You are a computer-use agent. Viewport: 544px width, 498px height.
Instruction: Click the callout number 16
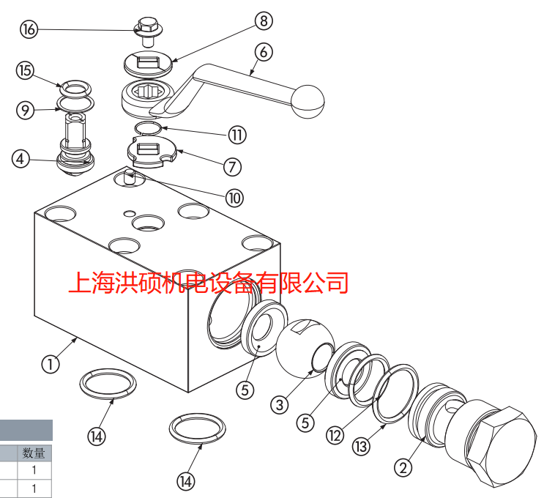(x=29, y=29)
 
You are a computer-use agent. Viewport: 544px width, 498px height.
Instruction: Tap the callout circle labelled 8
(x=264, y=21)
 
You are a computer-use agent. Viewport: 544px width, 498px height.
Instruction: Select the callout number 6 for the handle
(x=264, y=52)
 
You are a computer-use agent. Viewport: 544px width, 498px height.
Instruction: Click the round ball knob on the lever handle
(x=308, y=102)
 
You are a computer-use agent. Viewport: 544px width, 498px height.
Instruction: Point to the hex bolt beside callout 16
(x=148, y=31)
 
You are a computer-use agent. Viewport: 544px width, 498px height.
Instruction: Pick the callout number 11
(x=237, y=135)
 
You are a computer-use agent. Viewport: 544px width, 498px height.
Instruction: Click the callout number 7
(x=232, y=166)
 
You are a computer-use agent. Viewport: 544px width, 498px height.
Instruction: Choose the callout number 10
(x=234, y=198)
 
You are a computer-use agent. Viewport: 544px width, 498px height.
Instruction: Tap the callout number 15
(x=26, y=70)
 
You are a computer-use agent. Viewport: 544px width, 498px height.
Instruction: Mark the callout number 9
(x=26, y=111)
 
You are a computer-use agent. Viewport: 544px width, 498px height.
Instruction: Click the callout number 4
(x=21, y=159)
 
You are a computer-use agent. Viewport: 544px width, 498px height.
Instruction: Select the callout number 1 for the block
(x=51, y=364)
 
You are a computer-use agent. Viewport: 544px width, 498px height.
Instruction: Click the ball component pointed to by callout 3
(x=305, y=349)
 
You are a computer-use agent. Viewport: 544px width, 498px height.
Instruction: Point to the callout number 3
(x=280, y=405)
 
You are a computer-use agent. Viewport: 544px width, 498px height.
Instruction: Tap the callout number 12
(x=335, y=435)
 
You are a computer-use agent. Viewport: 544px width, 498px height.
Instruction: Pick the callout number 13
(x=361, y=446)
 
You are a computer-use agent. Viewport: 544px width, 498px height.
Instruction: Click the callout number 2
(x=403, y=467)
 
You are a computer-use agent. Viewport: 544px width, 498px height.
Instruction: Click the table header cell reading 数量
(x=34, y=453)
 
